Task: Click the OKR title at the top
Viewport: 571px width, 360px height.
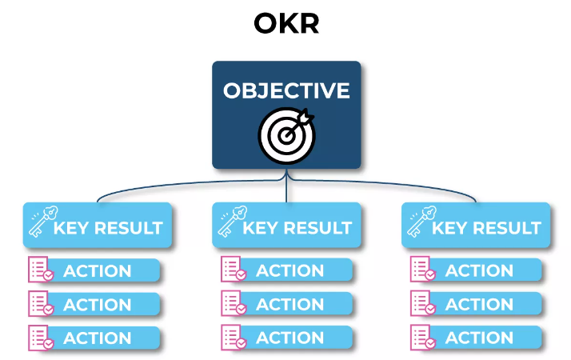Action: pyautogui.click(x=286, y=24)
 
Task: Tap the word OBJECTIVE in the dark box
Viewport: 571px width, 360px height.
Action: pyautogui.click(x=286, y=90)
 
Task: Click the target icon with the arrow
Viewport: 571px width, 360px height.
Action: pyautogui.click(x=286, y=133)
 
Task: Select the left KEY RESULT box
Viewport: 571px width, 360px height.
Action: pyautogui.click(x=98, y=226)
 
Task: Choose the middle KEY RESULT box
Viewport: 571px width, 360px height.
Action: pyautogui.click(x=287, y=226)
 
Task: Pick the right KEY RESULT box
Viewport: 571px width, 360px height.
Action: pyautogui.click(x=477, y=226)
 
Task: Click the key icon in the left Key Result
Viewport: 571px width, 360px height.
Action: pyautogui.click(x=39, y=223)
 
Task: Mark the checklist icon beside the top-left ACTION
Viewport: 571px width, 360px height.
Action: pyautogui.click(x=40, y=270)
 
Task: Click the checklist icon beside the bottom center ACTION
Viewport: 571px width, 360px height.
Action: pyautogui.click(x=231, y=337)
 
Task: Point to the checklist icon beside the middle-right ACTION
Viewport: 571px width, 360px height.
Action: pyautogui.click(x=421, y=304)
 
